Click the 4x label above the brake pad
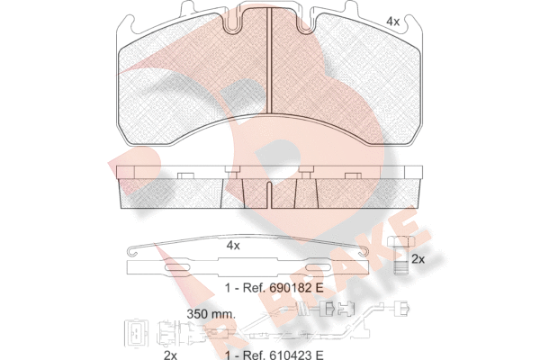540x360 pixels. pyautogui.click(x=392, y=22)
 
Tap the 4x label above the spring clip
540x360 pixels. pyautogui.click(x=233, y=246)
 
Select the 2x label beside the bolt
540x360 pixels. pyautogui.click(x=418, y=259)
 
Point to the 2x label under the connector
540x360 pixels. pyautogui.click(x=170, y=355)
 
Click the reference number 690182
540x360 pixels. pyautogui.click(x=289, y=288)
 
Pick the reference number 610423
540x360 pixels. pyautogui.click(x=289, y=355)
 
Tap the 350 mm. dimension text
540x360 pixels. pyautogui.click(x=211, y=314)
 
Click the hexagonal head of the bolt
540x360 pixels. pyautogui.click(x=401, y=241)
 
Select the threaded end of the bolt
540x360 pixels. pyautogui.click(x=401, y=267)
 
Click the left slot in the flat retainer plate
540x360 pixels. pyautogui.click(x=178, y=267)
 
